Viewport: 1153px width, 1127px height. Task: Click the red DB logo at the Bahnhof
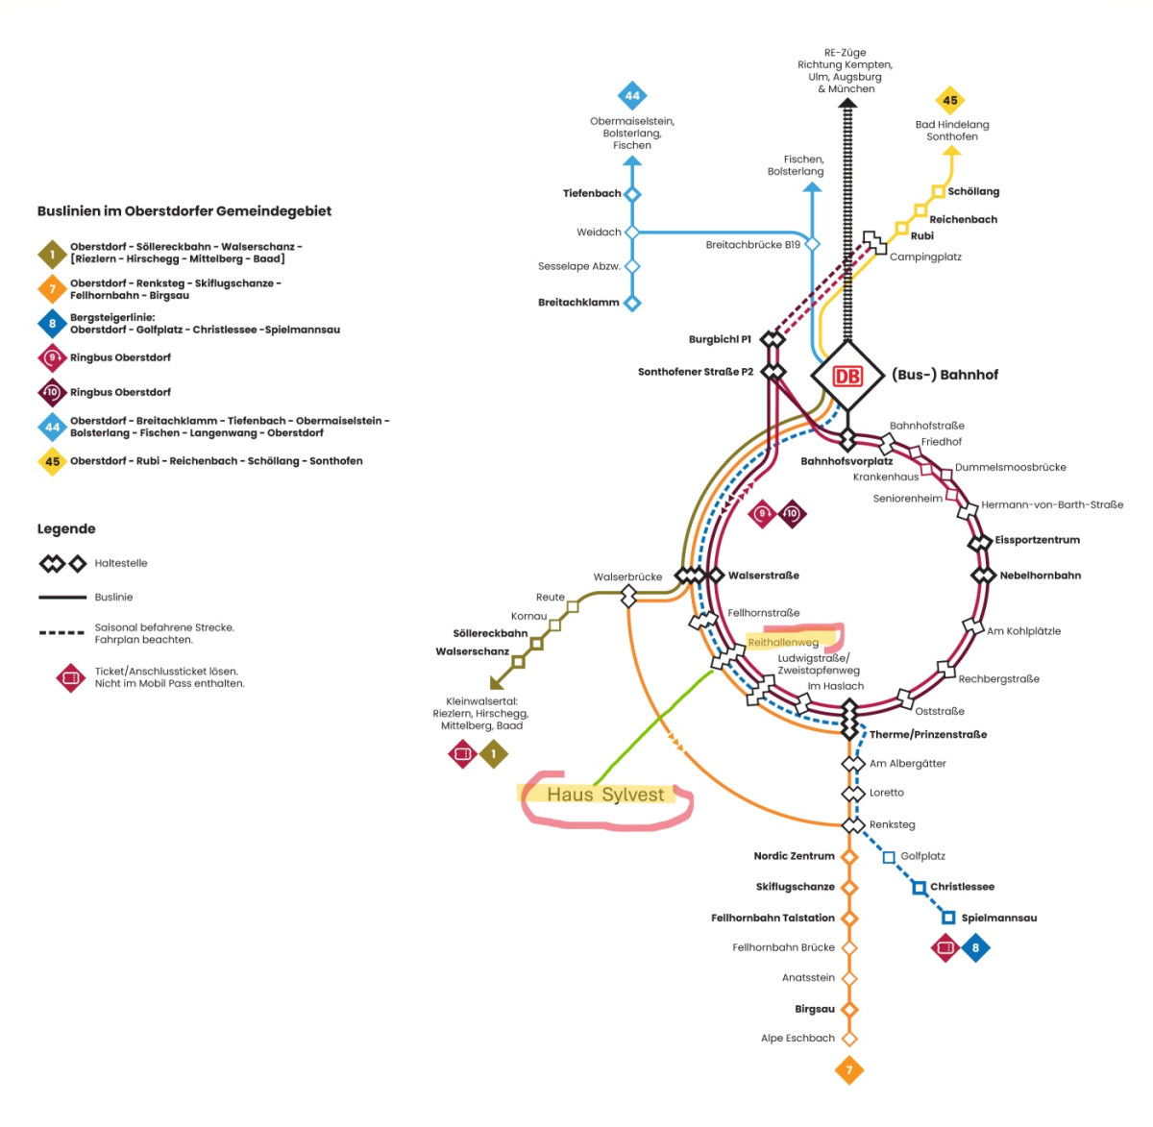click(x=846, y=376)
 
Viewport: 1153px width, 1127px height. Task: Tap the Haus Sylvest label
click(x=605, y=795)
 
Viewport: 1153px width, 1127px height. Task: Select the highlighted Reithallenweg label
click(x=783, y=642)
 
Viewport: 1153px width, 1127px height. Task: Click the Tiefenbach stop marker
click(x=632, y=194)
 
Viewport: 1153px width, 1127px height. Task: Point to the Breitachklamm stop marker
click(x=632, y=303)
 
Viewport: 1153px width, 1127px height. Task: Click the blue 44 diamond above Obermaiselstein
click(x=632, y=96)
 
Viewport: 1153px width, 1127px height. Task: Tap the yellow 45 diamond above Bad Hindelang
click(x=950, y=100)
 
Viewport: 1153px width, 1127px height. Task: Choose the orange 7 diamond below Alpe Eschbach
click(x=848, y=1069)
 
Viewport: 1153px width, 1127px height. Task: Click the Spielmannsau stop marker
click(x=948, y=918)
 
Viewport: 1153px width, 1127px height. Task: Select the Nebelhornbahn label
click(x=1040, y=576)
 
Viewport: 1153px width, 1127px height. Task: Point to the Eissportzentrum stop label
click(x=1037, y=540)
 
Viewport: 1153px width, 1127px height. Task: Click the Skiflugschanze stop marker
click(x=848, y=887)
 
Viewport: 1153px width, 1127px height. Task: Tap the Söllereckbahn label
click(x=490, y=633)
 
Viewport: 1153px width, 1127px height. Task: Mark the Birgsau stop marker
click(x=848, y=1009)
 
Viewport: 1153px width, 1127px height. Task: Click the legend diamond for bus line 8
click(x=53, y=324)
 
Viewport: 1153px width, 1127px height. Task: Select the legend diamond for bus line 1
click(x=53, y=254)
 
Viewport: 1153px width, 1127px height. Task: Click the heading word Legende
click(x=66, y=528)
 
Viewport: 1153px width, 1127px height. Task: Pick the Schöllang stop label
click(x=973, y=191)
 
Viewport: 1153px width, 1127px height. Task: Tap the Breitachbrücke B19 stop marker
click(x=813, y=244)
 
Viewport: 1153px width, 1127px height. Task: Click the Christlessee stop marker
click(x=920, y=887)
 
